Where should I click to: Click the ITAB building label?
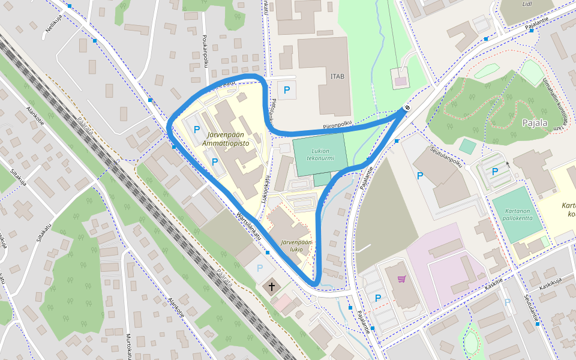click(337, 76)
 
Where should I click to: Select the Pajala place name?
click(535, 124)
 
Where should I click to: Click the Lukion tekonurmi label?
click(319, 155)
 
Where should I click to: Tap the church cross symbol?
click(272, 287)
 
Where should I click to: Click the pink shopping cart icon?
click(401, 279)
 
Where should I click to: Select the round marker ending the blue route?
click(406, 108)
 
